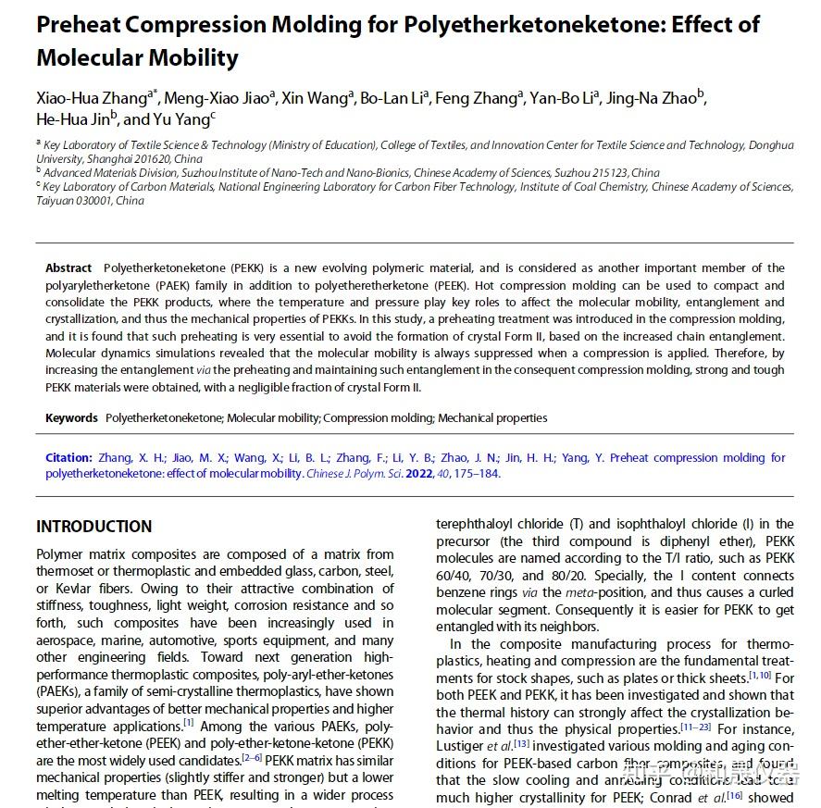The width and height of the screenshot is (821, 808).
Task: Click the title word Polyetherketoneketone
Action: tap(510, 25)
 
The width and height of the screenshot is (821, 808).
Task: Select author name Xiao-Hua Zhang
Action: tap(90, 98)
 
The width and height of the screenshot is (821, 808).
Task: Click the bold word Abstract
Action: tap(68, 268)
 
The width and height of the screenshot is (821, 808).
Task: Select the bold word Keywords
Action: tap(71, 418)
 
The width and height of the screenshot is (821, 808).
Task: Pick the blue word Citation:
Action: tap(68, 458)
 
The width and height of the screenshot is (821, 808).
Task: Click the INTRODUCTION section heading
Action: tap(93, 527)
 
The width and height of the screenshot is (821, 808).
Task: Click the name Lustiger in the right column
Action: tap(459, 746)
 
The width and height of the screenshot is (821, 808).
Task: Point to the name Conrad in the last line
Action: tap(702, 797)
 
